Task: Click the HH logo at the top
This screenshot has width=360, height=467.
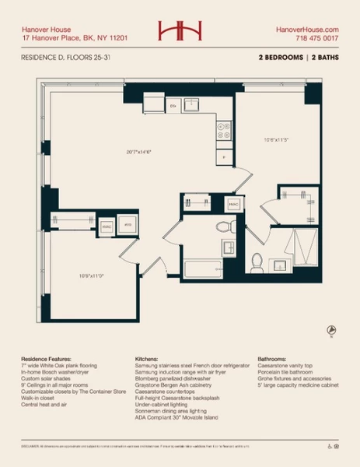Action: (x=180, y=30)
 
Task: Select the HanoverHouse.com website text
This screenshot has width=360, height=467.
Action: (x=308, y=27)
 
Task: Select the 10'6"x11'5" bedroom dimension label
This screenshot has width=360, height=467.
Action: (x=276, y=140)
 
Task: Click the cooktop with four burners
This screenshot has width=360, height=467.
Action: (x=223, y=130)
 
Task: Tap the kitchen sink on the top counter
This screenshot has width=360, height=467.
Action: (x=191, y=105)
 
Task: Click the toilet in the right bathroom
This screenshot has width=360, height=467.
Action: (x=257, y=261)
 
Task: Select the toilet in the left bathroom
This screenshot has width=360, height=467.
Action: (x=224, y=227)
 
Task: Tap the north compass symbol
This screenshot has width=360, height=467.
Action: (x=331, y=330)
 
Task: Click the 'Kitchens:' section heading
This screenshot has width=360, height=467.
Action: (x=148, y=360)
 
